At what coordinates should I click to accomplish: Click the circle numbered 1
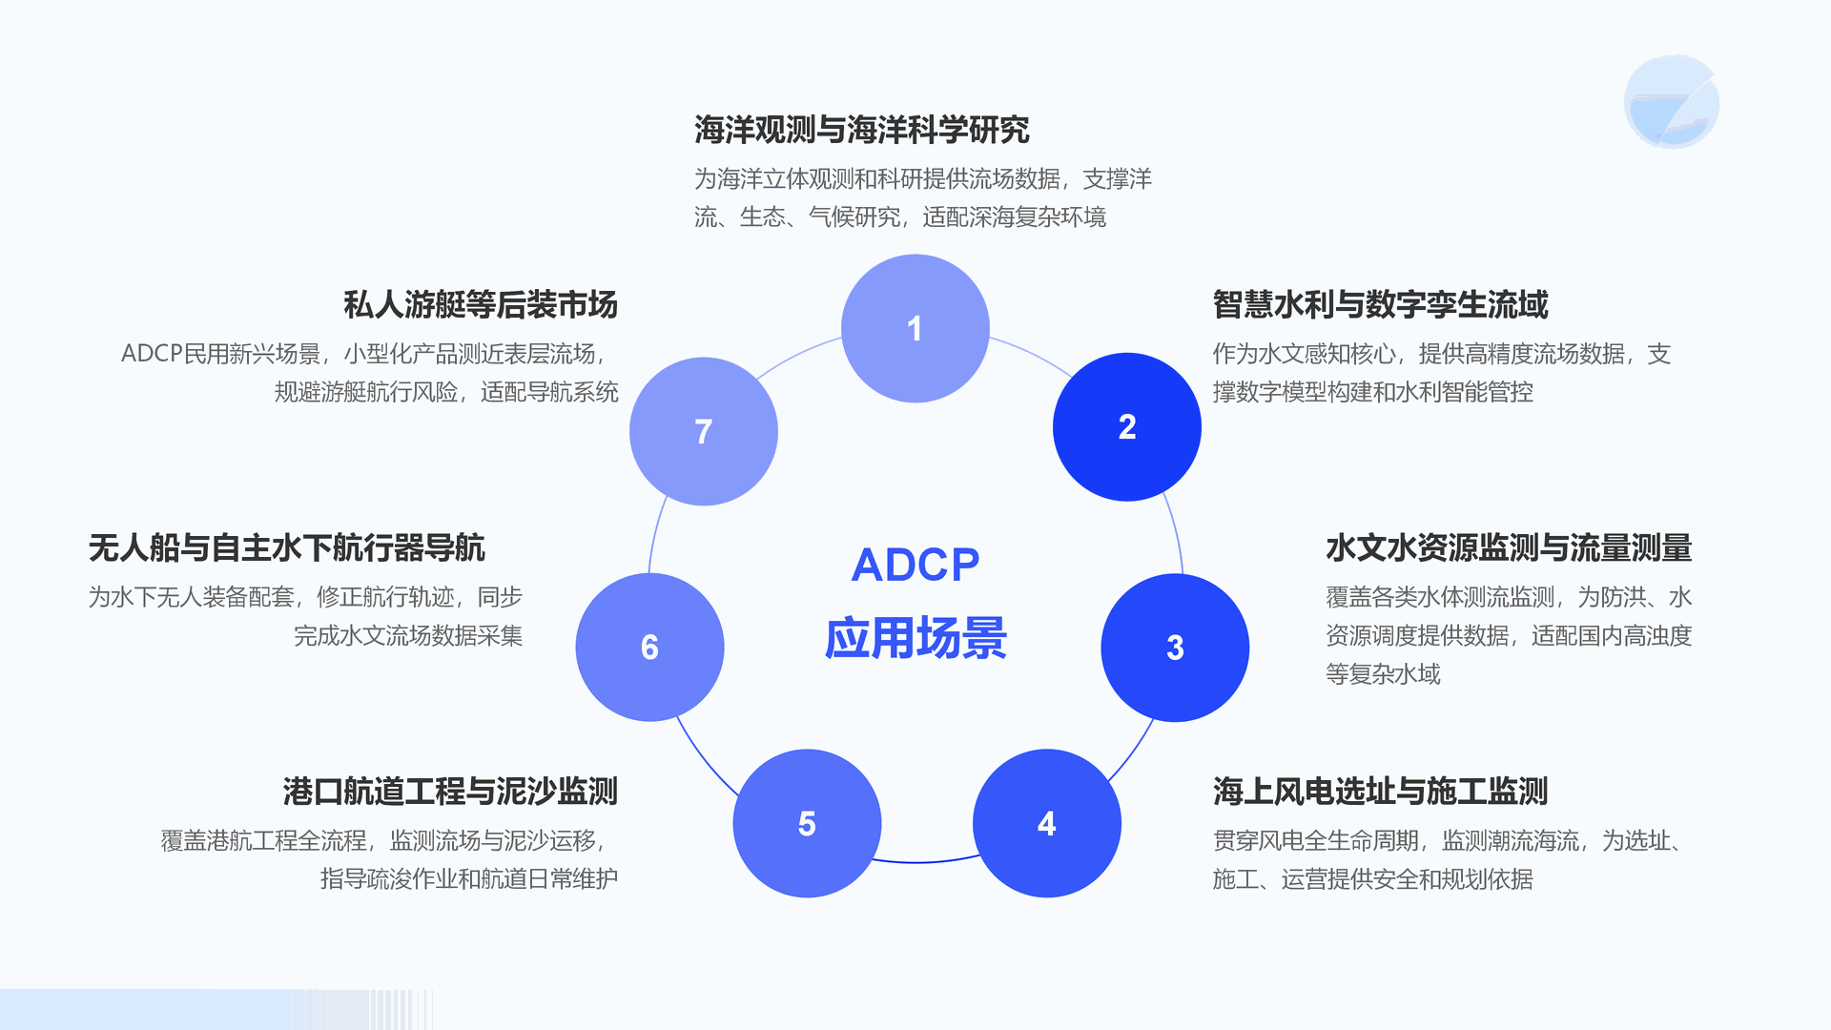(x=915, y=328)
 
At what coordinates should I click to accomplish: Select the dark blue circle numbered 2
(x=1126, y=426)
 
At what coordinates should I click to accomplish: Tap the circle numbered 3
(x=1175, y=648)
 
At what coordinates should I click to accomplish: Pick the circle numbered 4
(x=1046, y=823)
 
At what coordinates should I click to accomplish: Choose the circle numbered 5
(x=807, y=823)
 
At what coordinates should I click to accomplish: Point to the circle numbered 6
(x=649, y=648)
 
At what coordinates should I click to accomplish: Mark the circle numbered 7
(x=704, y=431)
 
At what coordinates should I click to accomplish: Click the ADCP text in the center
(x=915, y=565)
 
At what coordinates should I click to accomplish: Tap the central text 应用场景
(x=915, y=638)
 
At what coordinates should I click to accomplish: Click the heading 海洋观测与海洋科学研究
(x=861, y=130)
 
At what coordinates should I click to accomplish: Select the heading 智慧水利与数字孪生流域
(x=1380, y=305)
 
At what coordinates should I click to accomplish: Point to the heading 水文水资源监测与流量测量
(x=1508, y=548)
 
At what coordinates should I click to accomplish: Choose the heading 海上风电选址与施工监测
(x=1380, y=792)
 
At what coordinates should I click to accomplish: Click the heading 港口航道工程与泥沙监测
(x=450, y=792)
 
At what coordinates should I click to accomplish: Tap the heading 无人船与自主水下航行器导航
(x=286, y=548)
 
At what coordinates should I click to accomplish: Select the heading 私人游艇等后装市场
(x=481, y=305)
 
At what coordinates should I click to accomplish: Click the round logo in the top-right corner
(x=1671, y=102)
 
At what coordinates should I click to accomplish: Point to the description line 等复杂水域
(x=1383, y=674)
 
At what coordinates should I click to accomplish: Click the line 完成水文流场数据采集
(x=408, y=636)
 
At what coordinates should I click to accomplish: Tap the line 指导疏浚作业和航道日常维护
(x=469, y=878)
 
